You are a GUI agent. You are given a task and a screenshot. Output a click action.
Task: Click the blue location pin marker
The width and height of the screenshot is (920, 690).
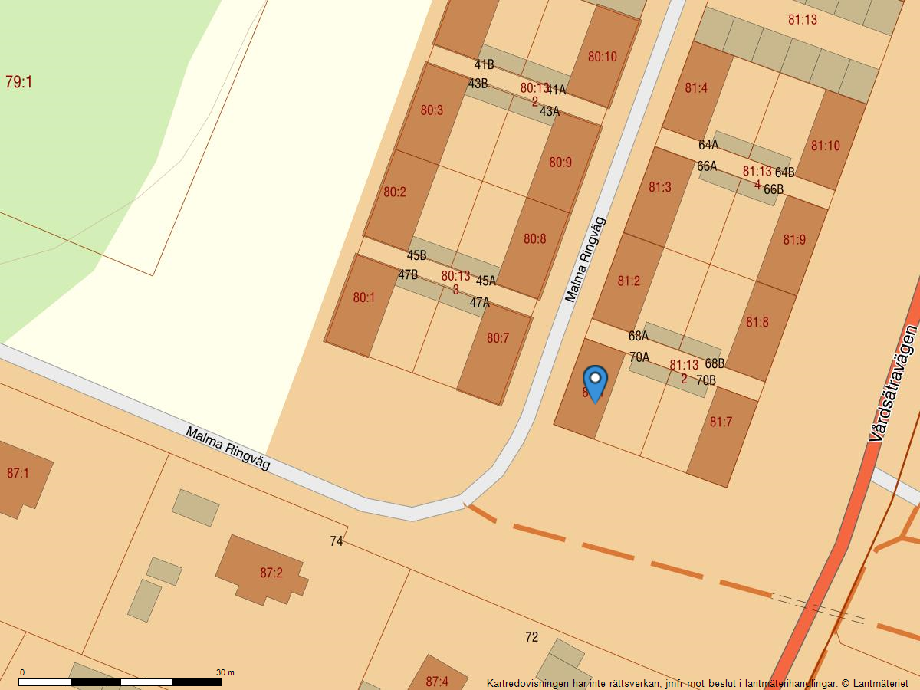tap(595, 383)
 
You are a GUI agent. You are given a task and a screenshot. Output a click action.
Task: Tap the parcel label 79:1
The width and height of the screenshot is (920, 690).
tap(18, 82)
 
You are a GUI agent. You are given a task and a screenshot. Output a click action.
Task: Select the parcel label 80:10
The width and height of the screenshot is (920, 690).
tap(602, 57)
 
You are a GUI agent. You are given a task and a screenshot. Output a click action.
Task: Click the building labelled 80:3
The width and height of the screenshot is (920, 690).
tap(432, 110)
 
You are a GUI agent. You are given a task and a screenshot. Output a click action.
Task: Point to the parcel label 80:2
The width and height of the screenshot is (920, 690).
tap(395, 192)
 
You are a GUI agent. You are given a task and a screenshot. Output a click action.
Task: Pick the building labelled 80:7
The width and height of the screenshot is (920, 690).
tap(498, 338)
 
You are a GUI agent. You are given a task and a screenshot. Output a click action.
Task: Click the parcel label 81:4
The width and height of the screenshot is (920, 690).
tap(696, 88)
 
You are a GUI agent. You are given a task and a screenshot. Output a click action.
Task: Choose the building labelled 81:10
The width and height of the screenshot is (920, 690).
tap(825, 146)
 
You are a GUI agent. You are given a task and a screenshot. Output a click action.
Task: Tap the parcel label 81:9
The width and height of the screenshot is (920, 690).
tap(794, 240)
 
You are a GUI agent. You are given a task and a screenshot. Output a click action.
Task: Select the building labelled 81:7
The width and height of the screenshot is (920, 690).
tap(721, 422)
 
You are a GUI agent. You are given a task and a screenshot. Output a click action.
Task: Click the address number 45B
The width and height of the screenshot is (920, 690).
tap(416, 255)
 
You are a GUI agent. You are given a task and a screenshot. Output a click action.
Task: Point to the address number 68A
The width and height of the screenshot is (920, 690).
tap(639, 336)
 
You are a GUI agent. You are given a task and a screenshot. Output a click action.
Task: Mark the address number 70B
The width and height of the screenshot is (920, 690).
tap(706, 379)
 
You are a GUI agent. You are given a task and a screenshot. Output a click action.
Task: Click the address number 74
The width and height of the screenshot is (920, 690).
tap(336, 541)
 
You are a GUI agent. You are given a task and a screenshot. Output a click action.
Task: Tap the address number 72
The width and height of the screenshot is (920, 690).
tap(532, 637)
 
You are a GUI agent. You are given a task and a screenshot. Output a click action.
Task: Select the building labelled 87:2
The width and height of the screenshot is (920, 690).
tap(271, 573)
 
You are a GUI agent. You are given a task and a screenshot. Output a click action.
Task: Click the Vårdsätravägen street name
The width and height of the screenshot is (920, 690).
tap(894, 383)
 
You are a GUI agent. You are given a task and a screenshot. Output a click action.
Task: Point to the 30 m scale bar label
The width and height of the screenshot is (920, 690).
tap(225, 672)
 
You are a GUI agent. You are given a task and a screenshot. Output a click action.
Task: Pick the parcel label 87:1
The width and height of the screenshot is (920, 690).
tap(18, 473)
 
